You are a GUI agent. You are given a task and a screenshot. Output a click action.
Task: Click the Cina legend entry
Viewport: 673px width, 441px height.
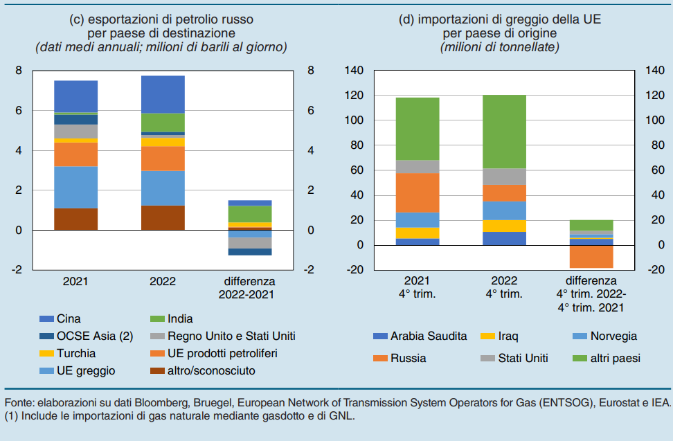tap(68, 319)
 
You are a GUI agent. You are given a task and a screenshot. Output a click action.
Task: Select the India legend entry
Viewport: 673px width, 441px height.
tap(180, 319)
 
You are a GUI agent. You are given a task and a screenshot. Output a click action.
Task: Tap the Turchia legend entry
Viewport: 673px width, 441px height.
tap(75, 353)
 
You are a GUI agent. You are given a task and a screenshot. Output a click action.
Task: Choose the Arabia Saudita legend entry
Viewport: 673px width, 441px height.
tap(429, 337)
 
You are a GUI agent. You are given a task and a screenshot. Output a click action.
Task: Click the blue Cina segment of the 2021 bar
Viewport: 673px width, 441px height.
tap(75, 96)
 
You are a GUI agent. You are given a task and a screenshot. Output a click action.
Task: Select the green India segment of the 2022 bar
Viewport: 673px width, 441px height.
tap(163, 123)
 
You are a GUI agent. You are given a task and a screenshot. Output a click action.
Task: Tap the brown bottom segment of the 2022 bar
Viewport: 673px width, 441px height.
tap(163, 217)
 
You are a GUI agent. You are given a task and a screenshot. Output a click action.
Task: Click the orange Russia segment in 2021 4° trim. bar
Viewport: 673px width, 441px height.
tap(417, 192)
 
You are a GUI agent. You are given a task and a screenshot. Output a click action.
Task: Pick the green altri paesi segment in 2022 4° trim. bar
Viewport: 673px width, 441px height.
tap(504, 132)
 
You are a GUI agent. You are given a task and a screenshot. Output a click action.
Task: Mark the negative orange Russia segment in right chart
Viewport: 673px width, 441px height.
tap(591, 256)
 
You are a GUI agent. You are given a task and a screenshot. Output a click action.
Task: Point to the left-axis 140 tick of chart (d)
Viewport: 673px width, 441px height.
tap(354, 71)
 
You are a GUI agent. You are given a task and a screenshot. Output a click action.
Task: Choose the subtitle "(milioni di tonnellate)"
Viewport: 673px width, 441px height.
tap(500, 47)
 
